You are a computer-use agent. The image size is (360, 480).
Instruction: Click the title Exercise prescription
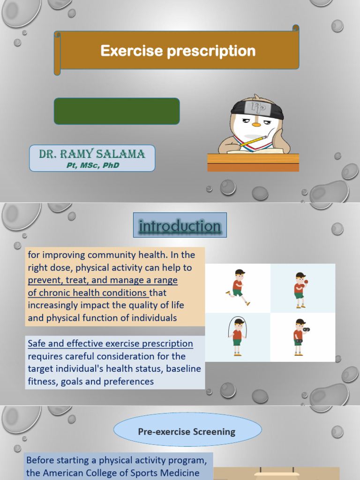178,51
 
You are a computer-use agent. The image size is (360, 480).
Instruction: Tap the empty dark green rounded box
117,111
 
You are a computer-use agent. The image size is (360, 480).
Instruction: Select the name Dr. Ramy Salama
92,154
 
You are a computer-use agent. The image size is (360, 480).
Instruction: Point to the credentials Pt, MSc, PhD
92,165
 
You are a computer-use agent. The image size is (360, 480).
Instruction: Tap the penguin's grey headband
256,109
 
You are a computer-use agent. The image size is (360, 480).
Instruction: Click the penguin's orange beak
256,124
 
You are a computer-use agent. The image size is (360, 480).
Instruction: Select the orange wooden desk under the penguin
253,162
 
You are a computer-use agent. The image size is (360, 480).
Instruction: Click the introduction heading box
180,225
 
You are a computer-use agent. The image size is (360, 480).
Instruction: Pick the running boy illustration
238,287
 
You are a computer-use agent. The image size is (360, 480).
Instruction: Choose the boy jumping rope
238,336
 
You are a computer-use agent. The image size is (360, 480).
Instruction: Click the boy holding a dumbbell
299,337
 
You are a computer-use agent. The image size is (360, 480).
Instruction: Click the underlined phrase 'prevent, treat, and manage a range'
103,280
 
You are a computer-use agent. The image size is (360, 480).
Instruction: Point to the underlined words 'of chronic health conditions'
88,292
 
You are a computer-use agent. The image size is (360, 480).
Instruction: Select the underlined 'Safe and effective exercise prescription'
110,344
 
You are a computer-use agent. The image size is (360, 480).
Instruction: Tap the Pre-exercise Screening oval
187,432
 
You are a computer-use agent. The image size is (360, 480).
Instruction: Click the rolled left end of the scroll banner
57,52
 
